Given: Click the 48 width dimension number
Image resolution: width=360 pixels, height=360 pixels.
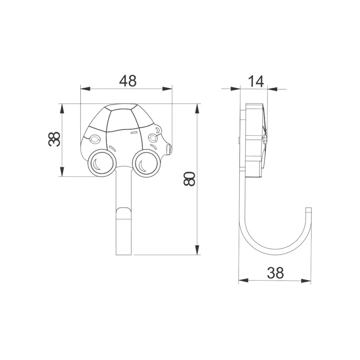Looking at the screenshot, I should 128,81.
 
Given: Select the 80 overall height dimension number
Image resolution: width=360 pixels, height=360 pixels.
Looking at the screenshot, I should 189,179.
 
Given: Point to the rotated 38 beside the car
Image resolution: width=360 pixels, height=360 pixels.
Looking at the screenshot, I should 54,139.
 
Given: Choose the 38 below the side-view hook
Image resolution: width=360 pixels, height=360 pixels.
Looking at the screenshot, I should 275,273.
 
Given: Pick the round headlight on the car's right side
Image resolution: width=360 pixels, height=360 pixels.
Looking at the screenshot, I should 153,137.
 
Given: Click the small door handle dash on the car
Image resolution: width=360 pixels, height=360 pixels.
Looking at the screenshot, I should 134,133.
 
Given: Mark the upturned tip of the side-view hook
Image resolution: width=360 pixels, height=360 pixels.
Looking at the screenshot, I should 308,211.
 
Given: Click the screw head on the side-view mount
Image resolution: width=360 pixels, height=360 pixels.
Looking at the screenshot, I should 264,139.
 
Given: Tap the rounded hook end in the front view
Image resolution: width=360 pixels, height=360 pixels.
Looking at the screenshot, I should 124,213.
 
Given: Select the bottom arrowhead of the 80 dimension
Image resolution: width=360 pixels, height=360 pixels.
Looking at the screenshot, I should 197,250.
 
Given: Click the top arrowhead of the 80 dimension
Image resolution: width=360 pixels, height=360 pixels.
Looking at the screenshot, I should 197,109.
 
